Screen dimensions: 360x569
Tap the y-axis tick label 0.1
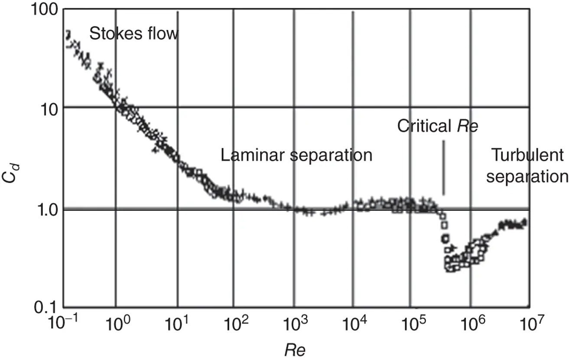[46, 307]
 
